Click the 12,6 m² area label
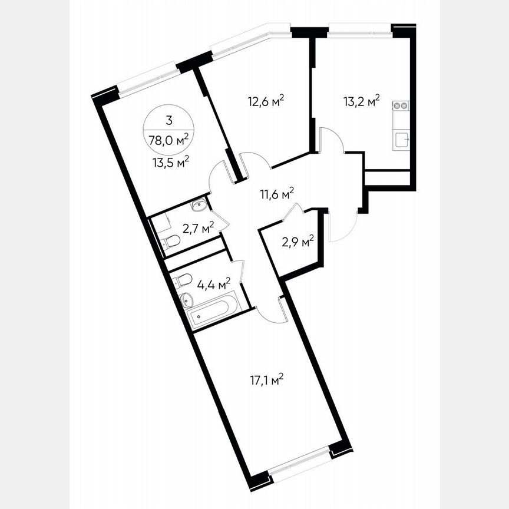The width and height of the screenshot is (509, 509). coord(266,100)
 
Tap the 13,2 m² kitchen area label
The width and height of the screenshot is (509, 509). coord(361,101)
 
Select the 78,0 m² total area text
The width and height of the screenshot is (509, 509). coord(169,140)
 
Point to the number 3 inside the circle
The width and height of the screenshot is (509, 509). coord(169,122)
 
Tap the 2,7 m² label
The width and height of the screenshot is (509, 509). coord(197,228)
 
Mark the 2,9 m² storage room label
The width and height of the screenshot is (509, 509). coord(297,241)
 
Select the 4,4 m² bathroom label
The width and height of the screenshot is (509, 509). coord(213,285)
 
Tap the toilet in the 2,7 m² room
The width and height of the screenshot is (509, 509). coord(171,241)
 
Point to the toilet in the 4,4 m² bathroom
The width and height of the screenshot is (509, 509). coord(184,279)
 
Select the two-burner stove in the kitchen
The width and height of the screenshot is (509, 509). coord(401,106)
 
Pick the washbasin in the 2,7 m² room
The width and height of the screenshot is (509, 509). coord(199,206)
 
